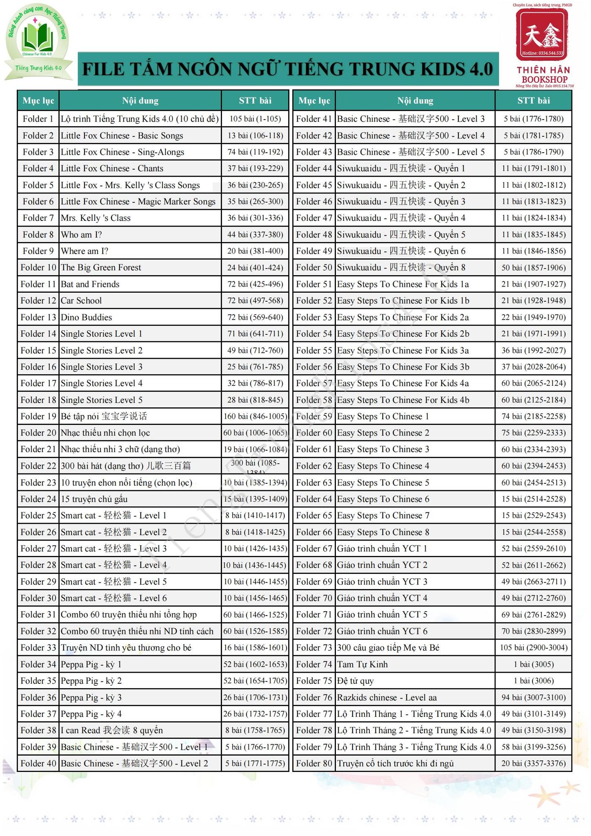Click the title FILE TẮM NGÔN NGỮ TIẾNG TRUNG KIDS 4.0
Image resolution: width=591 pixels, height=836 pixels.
288,69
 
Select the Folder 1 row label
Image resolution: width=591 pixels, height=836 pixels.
38,119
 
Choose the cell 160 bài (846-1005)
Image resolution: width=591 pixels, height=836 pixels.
255,416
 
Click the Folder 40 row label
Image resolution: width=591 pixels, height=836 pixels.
38,763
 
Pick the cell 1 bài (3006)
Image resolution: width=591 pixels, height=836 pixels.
533,680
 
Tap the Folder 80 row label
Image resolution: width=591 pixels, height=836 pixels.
314,763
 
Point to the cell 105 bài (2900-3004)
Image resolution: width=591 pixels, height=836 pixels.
533,647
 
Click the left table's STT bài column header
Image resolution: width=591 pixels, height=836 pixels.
255,100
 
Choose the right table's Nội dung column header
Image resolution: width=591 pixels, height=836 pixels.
415,100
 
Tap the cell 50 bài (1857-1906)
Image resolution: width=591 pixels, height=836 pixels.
533,267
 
